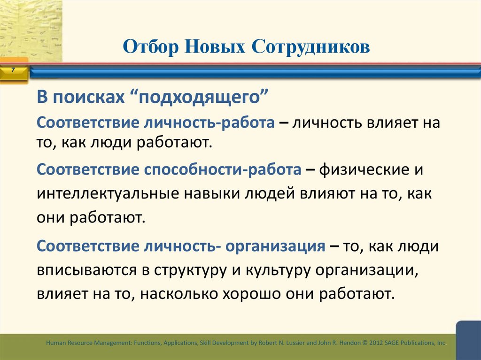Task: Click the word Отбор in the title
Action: pyautogui.click(x=150, y=47)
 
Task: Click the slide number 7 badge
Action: pyautogui.click(x=13, y=70)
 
